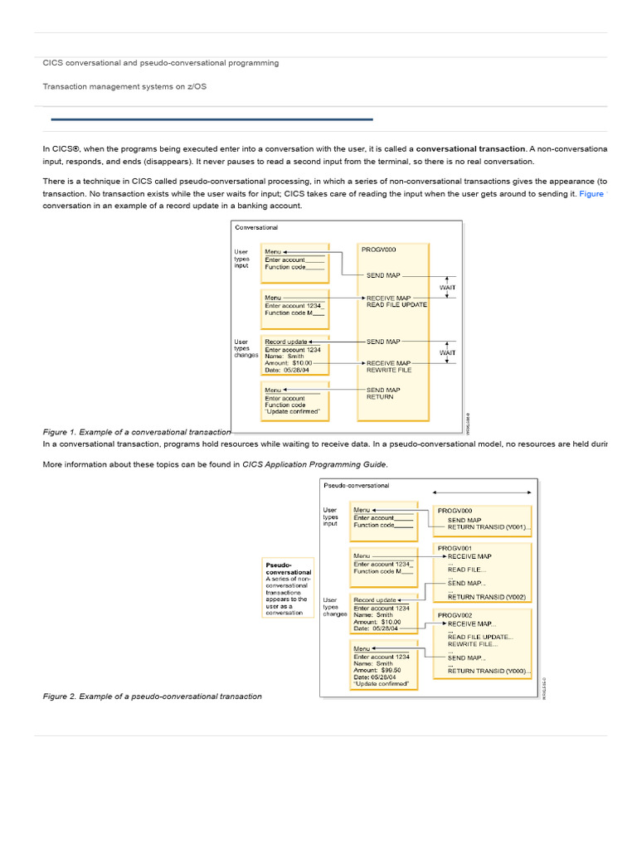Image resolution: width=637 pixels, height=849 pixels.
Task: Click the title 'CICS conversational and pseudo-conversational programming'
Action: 161,63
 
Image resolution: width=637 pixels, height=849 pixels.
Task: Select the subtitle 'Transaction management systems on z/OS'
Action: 125,86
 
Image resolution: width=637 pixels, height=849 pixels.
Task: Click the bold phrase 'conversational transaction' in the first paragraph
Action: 470,149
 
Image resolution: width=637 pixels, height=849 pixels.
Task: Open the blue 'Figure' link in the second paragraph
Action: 592,194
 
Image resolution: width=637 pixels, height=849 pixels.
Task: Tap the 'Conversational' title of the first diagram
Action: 256,227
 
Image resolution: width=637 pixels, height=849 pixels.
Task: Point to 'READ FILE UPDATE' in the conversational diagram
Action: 396,305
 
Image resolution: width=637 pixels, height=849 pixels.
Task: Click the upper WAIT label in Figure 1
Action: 447,288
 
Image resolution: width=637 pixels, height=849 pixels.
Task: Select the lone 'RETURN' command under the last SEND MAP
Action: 380,397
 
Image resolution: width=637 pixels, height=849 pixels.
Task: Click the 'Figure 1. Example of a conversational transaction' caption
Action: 137,432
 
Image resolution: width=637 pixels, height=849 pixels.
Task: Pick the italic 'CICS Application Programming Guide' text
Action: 314,464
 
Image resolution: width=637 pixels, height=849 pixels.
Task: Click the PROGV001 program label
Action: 455,548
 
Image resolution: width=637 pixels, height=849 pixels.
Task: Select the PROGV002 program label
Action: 455,615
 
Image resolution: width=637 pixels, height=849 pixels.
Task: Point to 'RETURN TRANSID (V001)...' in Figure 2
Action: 489,527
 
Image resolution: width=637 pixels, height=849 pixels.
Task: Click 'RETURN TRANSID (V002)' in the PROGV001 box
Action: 486,597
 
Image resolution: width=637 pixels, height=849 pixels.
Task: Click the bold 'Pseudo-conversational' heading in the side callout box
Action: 288,568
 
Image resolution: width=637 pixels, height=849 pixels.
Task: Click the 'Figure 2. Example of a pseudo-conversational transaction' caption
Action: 152,696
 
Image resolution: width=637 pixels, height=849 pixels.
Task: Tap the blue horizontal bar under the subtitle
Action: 212,119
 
